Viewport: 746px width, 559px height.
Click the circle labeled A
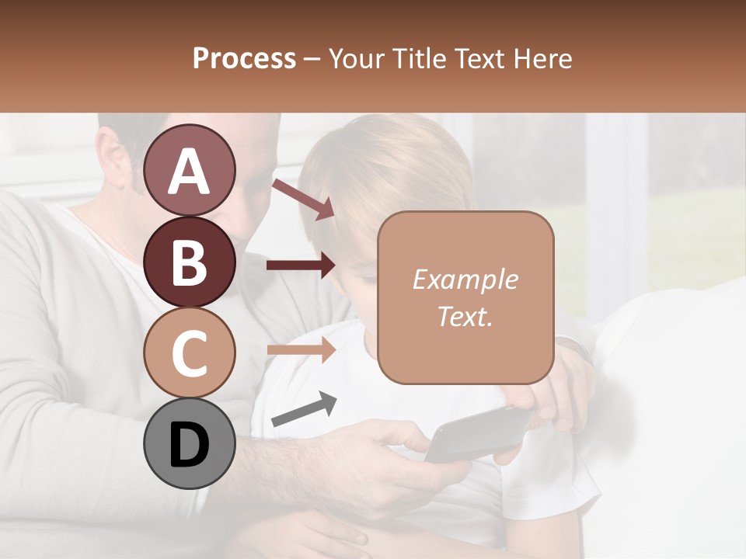[x=189, y=171]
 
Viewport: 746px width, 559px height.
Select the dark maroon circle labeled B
[x=189, y=262]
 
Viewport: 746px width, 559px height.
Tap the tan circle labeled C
[x=189, y=352]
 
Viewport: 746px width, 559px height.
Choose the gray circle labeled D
[x=189, y=443]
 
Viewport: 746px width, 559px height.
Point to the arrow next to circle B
[x=301, y=266]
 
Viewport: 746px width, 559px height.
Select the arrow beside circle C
[x=301, y=350]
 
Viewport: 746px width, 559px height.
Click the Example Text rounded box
[x=465, y=297]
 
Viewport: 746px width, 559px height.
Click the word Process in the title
[x=244, y=58]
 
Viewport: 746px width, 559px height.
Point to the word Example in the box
[x=465, y=279]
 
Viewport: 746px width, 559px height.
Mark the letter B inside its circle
[x=189, y=262]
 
